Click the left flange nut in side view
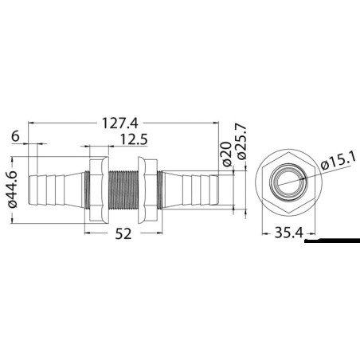96,188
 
